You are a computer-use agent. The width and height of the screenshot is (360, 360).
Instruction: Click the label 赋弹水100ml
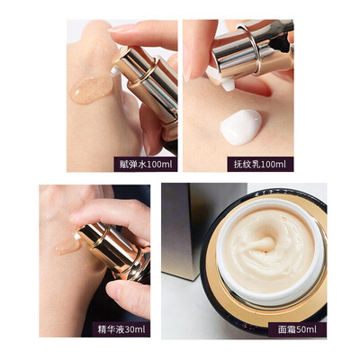tap(146, 164)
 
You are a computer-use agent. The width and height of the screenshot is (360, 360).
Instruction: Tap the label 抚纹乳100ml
tap(260, 164)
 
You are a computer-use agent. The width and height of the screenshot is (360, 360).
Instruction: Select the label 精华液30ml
tap(121, 329)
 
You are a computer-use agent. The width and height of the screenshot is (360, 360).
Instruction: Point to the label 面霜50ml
tap(297, 329)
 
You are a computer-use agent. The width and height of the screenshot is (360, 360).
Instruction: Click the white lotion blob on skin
tap(241, 127)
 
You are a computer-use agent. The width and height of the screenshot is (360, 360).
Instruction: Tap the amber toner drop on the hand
tap(92, 89)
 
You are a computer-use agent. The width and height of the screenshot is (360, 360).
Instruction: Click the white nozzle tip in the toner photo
tap(115, 72)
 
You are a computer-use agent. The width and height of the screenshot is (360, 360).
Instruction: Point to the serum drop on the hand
tap(67, 246)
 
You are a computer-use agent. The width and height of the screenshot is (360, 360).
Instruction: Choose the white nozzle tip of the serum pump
tap(77, 237)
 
